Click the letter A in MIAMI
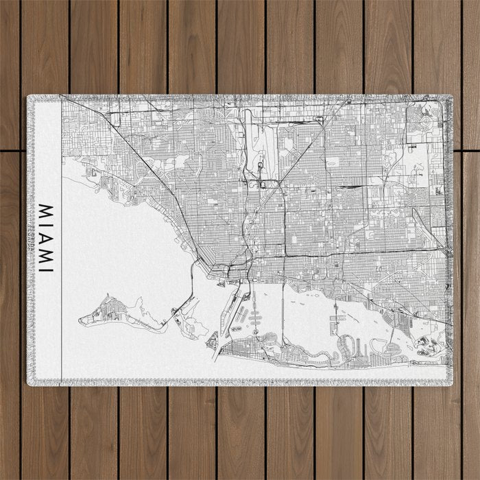click(x=46, y=237)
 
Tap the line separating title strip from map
click(x=61, y=240)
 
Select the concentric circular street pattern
click(x=425, y=121)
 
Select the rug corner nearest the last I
click(x=30, y=382)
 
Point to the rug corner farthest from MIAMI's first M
click(x=448, y=382)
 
